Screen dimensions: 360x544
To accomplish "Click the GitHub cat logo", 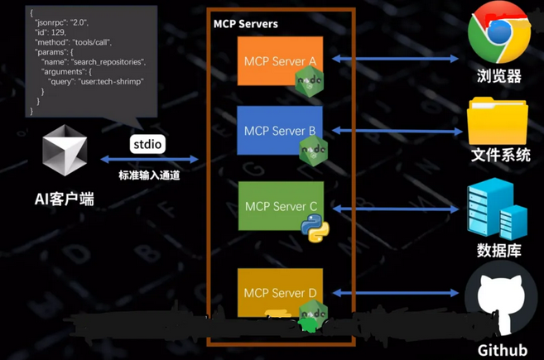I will [500, 303].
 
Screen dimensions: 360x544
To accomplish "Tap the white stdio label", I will [148, 144].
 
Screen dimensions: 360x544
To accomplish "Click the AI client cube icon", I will [65, 152].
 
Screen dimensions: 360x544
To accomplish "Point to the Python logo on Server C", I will [311, 228].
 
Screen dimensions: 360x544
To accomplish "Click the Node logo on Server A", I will [311, 80].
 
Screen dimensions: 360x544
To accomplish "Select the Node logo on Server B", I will [313, 150].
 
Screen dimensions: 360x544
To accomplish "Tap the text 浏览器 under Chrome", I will [499, 76].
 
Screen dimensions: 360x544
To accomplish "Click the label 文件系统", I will [500, 155].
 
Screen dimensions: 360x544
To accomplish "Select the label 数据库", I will [499, 250].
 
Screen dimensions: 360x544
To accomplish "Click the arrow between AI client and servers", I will [149, 160].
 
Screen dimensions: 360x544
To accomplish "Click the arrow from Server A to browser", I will [396, 59].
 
